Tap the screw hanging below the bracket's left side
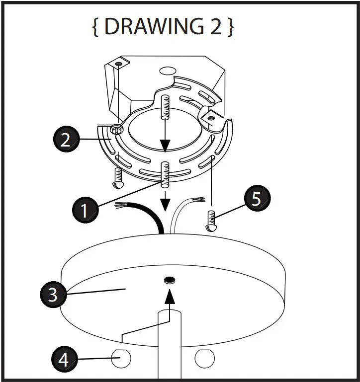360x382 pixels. [118, 178]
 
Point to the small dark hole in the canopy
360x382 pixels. [170, 280]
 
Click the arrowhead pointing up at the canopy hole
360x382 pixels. [170, 296]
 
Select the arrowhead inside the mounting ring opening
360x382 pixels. [165, 145]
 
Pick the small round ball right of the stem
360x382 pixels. [204, 358]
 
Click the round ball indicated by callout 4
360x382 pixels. [120, 358]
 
